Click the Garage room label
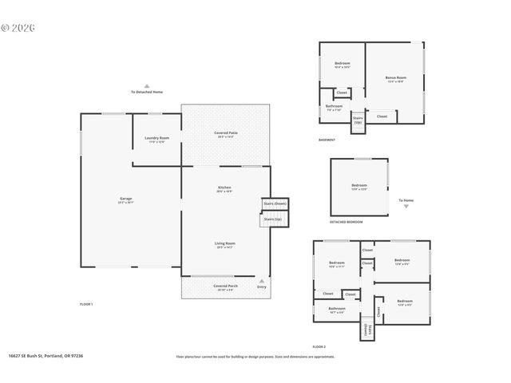point(126,199)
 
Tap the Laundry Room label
point(156,139)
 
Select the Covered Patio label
point(226,133)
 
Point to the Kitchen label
point(224,188)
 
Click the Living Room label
point(224,244)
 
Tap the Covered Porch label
point(225,286)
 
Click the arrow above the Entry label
point(262,280)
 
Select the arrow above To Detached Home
point(147,85)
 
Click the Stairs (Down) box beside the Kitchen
point(275,204)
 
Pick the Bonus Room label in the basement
point(395,78)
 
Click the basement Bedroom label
point(343,64)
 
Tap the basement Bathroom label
point(334,107)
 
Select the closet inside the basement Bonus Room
point(382,116)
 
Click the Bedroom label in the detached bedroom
point(359,186)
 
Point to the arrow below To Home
point(406,206)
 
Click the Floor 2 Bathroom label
point(336,309)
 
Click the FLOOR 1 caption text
point(86,304)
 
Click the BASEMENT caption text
point(327,140)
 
